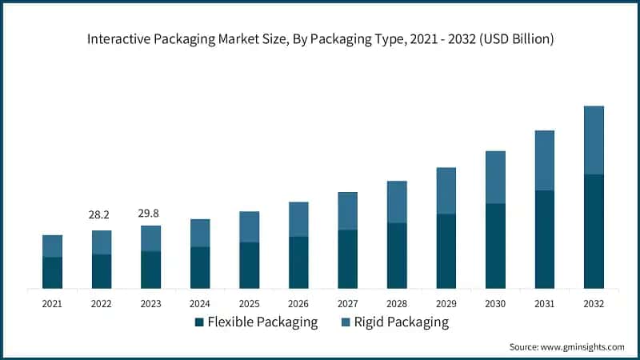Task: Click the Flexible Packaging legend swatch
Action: pyautogui.click(x=199, y=322)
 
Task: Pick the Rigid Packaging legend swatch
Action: pyautogui.click(x=345, y=322)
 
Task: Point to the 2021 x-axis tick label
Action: pyautogui.click(x=52, y=304)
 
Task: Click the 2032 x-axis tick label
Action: pyautogui.click(x=594, y=304)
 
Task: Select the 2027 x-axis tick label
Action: pyautogui.click(x=347, y=304)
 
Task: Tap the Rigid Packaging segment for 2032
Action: pyautogui.click(x=594, y=140)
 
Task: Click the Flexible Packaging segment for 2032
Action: pyautogui.click(x=594, y=231)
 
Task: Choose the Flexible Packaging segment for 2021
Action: pyautogui.click(x=52, y=273)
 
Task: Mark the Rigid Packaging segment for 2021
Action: pyautogui.click(x=52, y=246)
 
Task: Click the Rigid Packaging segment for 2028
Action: pyautogui.click(x=397, y=202)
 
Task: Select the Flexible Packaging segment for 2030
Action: pyautogui.click(x=495, y=246)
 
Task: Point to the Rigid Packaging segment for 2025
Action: pyautogui.click(x=249, y=227)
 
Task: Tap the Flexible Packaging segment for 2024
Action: pyautogui.click(x=200, y=267)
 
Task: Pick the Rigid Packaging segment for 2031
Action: pyautogui.click(x=544, y=160)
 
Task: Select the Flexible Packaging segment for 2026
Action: pyautogui.click(x=298, y=262)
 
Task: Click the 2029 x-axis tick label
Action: pyautogui.click(x=446, y=304)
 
